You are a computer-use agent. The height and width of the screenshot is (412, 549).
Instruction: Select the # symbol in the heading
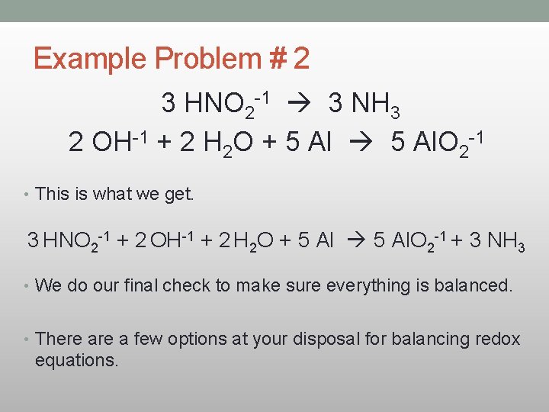point(280,59)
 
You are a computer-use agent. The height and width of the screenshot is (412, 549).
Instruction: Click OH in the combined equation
point(166,240)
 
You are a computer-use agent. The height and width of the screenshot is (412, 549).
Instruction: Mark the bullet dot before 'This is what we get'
point(27,194)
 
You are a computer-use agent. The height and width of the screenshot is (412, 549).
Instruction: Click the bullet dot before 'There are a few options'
point(27,339)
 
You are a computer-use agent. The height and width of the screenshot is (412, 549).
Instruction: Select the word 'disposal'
point(320,339)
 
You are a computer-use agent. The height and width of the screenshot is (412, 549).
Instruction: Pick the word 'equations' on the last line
point(76,360)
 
